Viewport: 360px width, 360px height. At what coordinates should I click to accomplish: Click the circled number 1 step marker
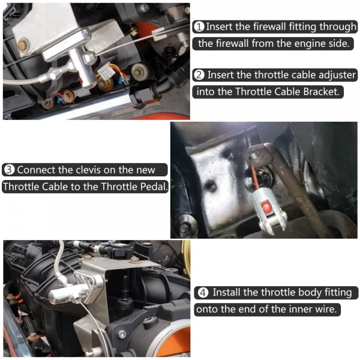(199, 27)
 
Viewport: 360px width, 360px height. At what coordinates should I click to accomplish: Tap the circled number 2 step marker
(199, 75)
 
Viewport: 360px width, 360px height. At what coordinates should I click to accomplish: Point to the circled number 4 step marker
(203, 293)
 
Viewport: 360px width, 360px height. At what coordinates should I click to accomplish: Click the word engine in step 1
(307, 44)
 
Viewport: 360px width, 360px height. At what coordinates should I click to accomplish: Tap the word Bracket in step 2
(319, 92)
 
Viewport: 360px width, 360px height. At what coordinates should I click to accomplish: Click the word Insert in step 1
(221, 27)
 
